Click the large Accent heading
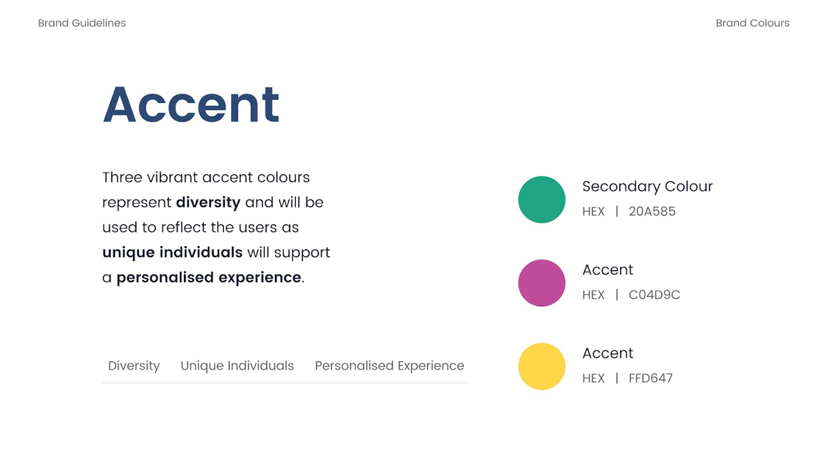point(191,104)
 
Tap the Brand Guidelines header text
point(82,23)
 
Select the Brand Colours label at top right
point(753,23)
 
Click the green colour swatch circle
point(542,200)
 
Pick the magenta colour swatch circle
point(542,283)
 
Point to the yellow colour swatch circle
point(542,366)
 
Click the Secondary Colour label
point(648,186)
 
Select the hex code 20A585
point(652,211)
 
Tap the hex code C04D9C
point(654,295)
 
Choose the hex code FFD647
point(650,378)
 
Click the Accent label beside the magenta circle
point(608,270)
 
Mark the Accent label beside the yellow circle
point(608,353)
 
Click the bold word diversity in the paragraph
point(208,202)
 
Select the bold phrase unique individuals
point(172,252)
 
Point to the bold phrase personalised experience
point(209,278)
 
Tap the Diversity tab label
point(134,366)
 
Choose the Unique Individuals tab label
point(237,366)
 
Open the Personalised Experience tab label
point(389,366)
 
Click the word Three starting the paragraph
point(122,178)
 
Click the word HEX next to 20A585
point(594,211)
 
